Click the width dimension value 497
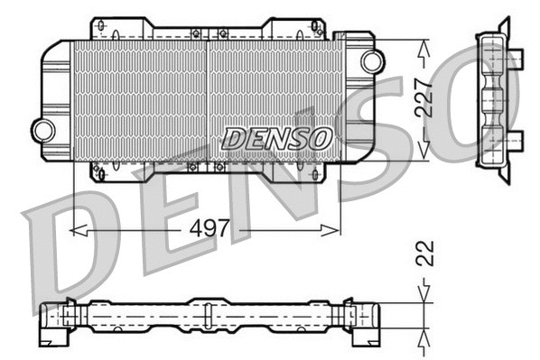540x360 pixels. click(x=209, y=231)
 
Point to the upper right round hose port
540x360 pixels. click(x=371, y=60)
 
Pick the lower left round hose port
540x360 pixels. click(x=42, y=130)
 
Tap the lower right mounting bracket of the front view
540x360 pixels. click(x=312, y=169)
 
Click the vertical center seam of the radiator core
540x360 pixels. click(x=209, y=99)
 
